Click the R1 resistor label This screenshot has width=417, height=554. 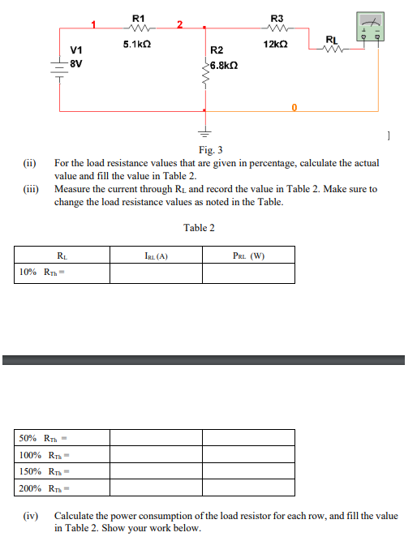coord(138,17)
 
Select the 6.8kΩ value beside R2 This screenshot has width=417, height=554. coord(223,64)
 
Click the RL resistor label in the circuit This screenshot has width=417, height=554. coord(331,39)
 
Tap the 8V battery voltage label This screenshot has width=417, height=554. coord(76,62)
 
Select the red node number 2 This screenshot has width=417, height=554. coord(181,24)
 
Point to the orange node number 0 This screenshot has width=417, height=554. coord(294,106)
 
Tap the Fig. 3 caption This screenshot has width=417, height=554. coord(210,150)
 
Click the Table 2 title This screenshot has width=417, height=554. coord(199,228)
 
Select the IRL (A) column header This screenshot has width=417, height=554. coord(156,257)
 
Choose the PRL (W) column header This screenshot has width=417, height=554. coord(248,257)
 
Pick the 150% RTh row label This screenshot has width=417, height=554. coord(41,471)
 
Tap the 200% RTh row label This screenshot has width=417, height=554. coord(41,487)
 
